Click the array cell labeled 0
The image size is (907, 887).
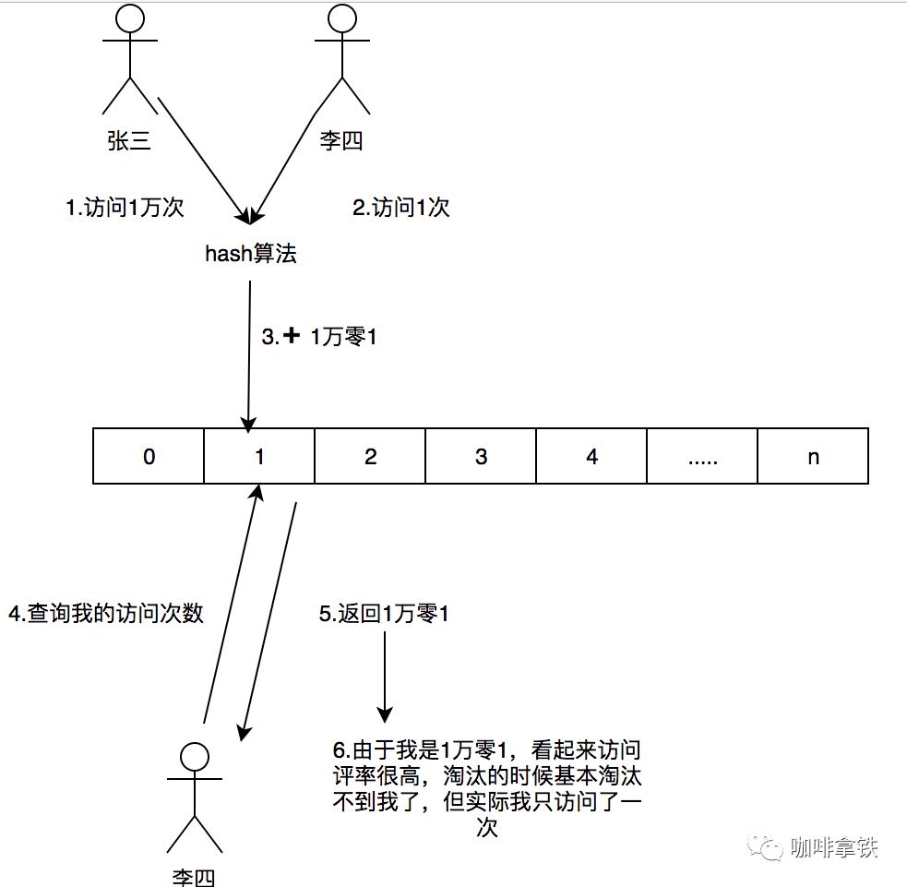click(149, 456)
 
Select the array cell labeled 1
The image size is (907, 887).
click(259, 456)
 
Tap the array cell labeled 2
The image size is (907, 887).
click(370, 456)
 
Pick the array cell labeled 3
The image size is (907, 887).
click(481, 456)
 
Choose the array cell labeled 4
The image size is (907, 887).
click(591, 456)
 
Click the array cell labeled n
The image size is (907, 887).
click(813, 456)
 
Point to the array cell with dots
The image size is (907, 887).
click(702, 456)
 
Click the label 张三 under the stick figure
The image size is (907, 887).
click(129, 141)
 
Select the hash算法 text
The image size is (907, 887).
click(251, 254)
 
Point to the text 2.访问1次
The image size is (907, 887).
click(400, 209)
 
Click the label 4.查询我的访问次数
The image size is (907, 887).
click(105, 613)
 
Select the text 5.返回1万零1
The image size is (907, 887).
click(384, 613)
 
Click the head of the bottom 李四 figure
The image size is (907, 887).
click(194, 756)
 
